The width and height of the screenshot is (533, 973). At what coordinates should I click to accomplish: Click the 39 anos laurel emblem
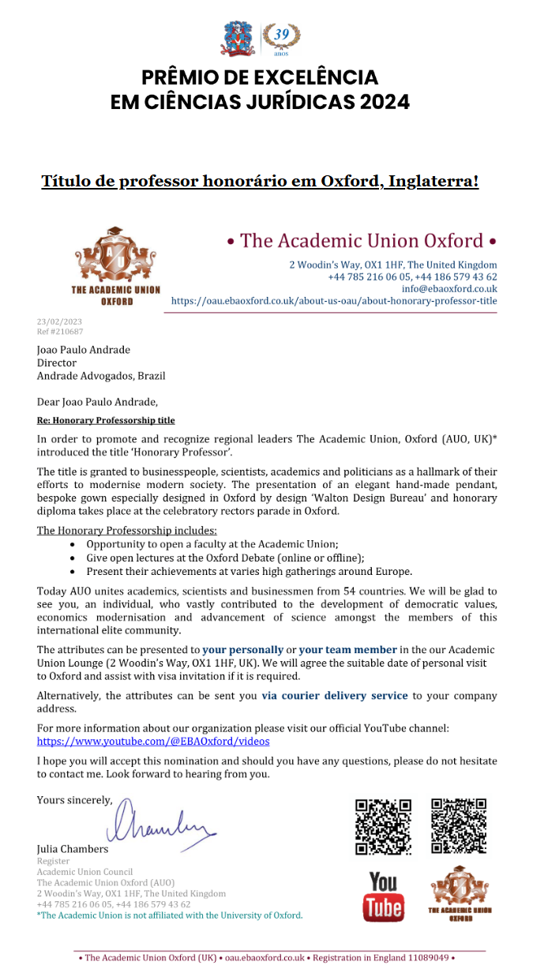281,37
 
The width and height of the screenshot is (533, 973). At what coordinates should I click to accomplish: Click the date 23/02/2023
59,322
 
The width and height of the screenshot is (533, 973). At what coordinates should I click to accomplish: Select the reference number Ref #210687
59,332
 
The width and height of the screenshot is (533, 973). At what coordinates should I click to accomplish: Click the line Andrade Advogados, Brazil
101,376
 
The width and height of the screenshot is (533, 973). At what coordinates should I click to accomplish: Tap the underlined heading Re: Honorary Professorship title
106,420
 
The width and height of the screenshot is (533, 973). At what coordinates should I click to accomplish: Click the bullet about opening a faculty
212,544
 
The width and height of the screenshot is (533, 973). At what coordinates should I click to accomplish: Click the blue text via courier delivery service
335,696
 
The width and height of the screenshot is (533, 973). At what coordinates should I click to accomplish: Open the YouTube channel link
153,742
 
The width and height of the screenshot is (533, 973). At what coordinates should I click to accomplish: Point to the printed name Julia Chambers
73,849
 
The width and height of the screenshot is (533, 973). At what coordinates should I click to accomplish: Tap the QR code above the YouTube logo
383,827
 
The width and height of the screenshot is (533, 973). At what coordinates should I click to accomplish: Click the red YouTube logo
383,897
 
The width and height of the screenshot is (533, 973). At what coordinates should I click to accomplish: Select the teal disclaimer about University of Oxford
170,915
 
